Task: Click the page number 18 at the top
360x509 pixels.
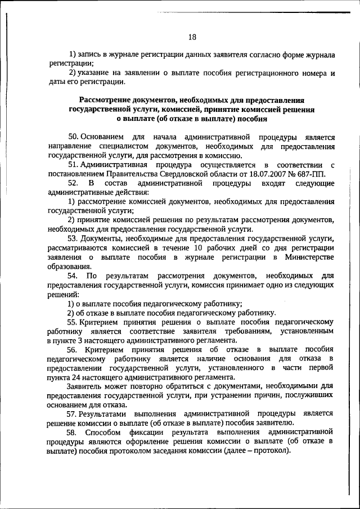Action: (x=192, y=37)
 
